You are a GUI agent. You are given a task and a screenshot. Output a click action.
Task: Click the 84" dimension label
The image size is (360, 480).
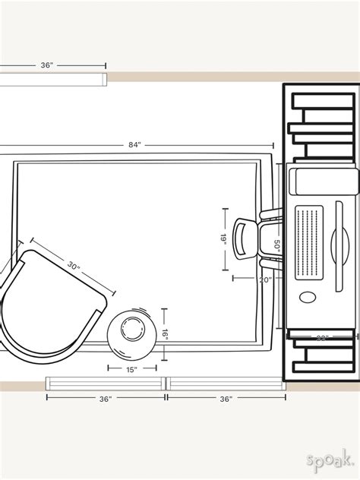(x=134, y=145)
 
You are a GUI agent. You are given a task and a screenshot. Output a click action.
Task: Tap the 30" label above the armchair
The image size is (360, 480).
(x=73, y=266)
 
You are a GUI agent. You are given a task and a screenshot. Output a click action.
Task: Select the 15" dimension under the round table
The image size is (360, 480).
(x=132, y=370)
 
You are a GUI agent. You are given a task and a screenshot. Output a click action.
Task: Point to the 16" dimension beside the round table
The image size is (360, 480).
(x=164, y=333)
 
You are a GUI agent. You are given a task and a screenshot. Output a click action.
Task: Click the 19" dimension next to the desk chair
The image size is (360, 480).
(x=224, y=238)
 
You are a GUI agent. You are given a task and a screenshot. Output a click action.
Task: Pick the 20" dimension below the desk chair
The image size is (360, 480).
(x=264, y=279)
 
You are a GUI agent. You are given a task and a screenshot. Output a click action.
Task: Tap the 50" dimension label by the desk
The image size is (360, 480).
(x=278, y=245)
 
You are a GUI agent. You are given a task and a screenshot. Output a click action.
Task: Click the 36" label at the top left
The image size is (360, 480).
(x=47, y=66)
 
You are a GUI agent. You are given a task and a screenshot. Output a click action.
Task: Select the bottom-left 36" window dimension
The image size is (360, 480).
(x=105, y=398)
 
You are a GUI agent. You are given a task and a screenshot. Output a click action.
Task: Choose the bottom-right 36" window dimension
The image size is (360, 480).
(x=226, y=398)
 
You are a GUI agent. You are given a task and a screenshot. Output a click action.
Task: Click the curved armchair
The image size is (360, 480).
(x=46, y=304)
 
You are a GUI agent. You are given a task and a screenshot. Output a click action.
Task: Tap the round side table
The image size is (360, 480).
(x=133, y=331)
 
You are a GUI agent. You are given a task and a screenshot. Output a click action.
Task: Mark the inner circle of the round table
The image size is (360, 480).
(x=133, y=330)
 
